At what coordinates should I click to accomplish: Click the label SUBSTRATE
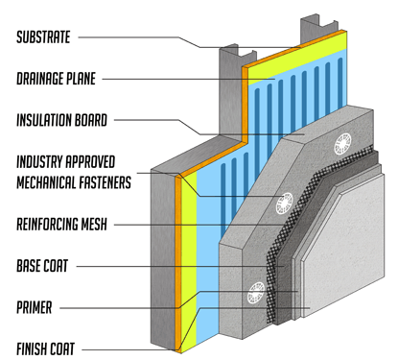tap(43, 37)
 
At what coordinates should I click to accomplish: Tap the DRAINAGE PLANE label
tap(56, 79)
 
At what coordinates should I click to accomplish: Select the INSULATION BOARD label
tap(61, 120)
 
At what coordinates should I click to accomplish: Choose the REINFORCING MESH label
tap(61, 224)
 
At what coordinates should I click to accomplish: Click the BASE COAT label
tap(42, 266)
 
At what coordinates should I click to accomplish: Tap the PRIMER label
tap(34, 307)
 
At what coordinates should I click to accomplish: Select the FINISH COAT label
tap(45, 348)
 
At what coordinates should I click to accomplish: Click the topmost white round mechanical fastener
tap(342, 144)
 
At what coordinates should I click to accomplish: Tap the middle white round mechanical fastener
tap(284, 204)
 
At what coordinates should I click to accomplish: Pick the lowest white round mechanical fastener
tap(256, 293)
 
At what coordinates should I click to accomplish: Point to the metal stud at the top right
tap(318, 28)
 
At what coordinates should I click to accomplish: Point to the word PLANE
tap(81, 79)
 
